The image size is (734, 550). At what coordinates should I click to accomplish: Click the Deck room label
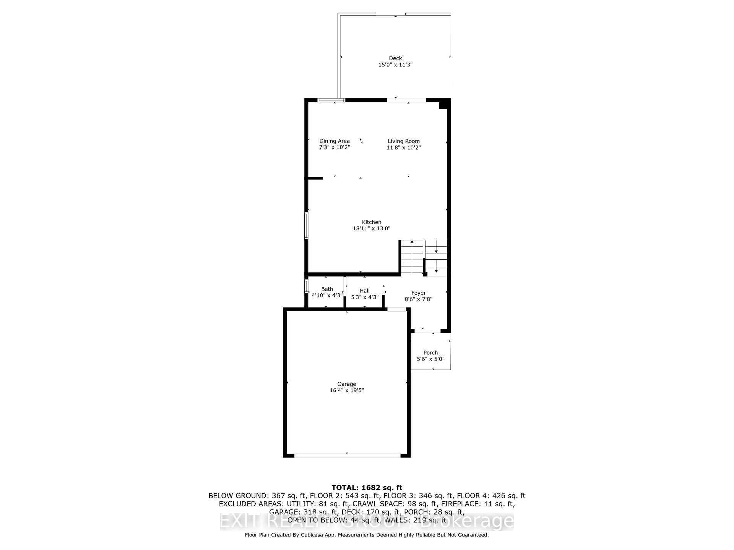[395, 58]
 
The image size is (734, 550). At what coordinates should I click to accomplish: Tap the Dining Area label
[335, 141]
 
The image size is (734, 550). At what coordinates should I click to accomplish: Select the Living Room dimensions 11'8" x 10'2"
[404, 147]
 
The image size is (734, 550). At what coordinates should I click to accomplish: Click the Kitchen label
[372, 222]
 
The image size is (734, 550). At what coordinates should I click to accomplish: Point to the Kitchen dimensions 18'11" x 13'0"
[372, 228]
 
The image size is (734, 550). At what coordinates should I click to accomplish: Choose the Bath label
[327, 289]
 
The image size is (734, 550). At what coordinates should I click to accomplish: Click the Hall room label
[365, 291]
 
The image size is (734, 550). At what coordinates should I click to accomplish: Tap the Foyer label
[419, 293]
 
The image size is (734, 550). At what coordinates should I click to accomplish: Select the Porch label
[430, 353]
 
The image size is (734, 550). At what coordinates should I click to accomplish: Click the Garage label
[347, 384]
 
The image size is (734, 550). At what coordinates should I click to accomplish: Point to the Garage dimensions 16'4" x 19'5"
[347, 390]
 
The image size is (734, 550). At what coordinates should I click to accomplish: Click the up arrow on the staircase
[412, 242]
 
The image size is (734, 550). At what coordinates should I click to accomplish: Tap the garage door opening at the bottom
[347, 455]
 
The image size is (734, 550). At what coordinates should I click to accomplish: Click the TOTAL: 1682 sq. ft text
[367, 487]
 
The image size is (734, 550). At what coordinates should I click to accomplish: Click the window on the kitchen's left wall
[307, 225]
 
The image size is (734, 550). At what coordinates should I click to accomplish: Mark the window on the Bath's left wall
[306, 286]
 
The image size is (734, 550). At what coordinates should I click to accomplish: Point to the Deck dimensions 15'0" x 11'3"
[395, 65]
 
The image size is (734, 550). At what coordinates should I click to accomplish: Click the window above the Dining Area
[331, 100]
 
